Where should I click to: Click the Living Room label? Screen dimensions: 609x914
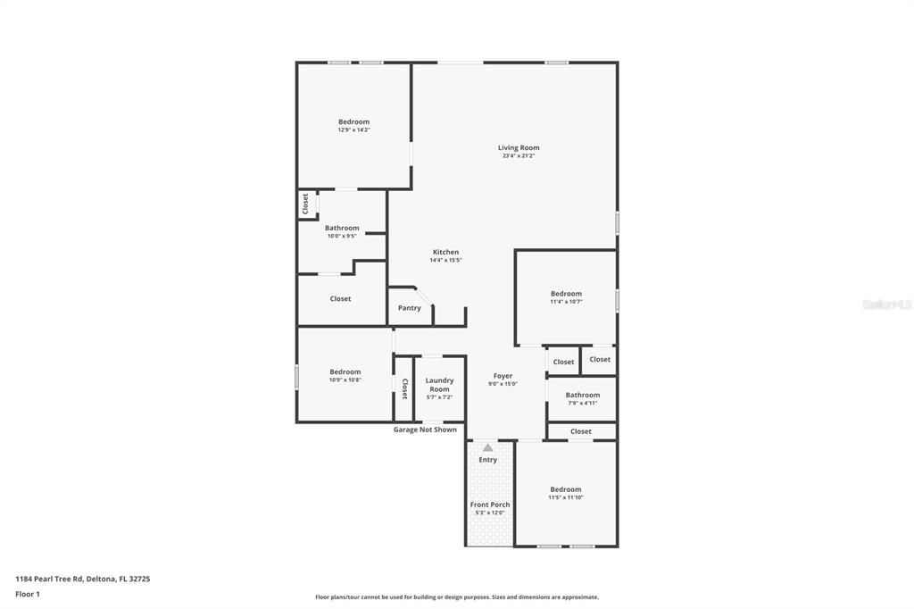pyautogui.click(x=519, y=147)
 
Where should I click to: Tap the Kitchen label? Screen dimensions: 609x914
pyautogui.click(x=445, y=252)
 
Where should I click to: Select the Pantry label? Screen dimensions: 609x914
pyautogui.click(x=410, y=308)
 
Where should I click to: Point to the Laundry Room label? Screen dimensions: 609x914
pyautogui.click(x=439, y=385)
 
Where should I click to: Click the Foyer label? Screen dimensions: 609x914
pyautogui.click(x=503, y=376)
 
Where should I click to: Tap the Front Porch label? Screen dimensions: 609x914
pyautogui.click(x=490, y=505)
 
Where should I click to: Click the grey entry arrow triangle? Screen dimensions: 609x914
pyautogui.click(x=487, y=447)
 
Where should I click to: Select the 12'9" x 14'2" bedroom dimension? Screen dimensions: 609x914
pyautogui.click(x=353, y=130)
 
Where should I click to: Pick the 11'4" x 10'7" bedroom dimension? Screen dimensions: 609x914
pyautogui.click(x=566, y=302)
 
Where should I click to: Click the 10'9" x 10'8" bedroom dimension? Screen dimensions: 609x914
pyautogui.click(x=345, y=380)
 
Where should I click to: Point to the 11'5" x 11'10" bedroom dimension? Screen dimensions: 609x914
pyautogui.click(x=566, y=497)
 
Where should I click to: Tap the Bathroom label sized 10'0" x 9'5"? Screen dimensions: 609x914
pyautogui.click(x=342, y=228)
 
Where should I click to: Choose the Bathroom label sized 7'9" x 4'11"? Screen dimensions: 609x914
pyautogui.click(x=583, y=395)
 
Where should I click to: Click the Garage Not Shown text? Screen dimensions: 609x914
pyautogui.click(x=425, y=430)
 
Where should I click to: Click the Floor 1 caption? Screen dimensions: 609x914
pyautogui.click(x=28, y=594)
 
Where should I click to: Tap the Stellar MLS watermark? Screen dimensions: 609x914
pyautogui.click(x=886, y=304)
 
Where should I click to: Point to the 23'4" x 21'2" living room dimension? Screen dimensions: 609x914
pyautogui.click(x=519, y=156)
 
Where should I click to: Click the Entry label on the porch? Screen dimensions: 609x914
pyautogui.click(x=487, y=460)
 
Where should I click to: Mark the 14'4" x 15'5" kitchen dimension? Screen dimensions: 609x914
pyautogui.click(x=445, y=261)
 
